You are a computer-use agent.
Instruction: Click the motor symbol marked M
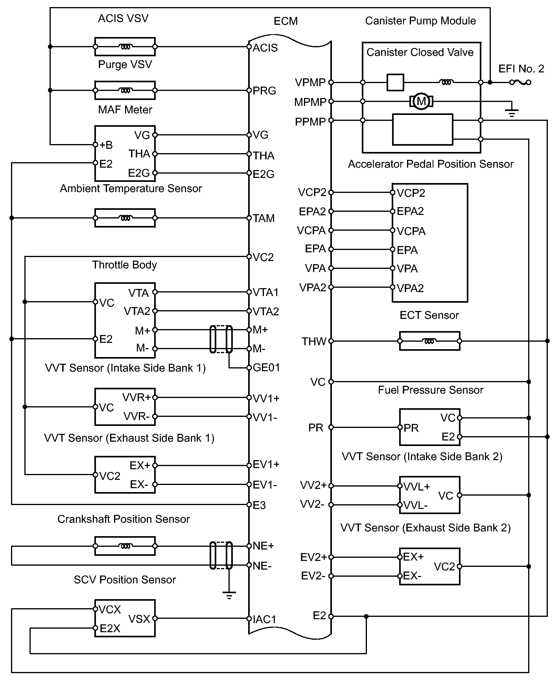click(421, 102)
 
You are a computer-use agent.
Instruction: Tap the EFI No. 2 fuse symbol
click(520, 82)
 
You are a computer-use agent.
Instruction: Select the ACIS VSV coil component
click(125, 47)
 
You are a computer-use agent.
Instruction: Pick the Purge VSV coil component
click(125, 91)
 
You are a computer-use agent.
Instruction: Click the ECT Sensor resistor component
click(429, 341)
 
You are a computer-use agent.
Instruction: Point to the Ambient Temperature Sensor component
click(125, 218)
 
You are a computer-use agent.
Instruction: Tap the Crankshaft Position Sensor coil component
click(125, 546)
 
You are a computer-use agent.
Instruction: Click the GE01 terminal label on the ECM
click(266, 368)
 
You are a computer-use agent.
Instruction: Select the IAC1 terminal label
click(264, 619)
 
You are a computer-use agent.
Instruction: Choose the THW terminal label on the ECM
click(314, 341)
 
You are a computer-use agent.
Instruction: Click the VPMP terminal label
click(310, 83)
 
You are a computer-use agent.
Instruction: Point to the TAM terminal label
click(263, 218)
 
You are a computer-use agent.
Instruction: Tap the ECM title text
click(286, 21)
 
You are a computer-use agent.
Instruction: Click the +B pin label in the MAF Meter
click(106, 145)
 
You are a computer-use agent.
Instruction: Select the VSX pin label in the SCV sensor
click(139, 619)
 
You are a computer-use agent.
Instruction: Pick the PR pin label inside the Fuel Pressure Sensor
click(411, 428)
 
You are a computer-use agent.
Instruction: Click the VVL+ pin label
click(416, 487)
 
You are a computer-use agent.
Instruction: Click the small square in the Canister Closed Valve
click(395, 82)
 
